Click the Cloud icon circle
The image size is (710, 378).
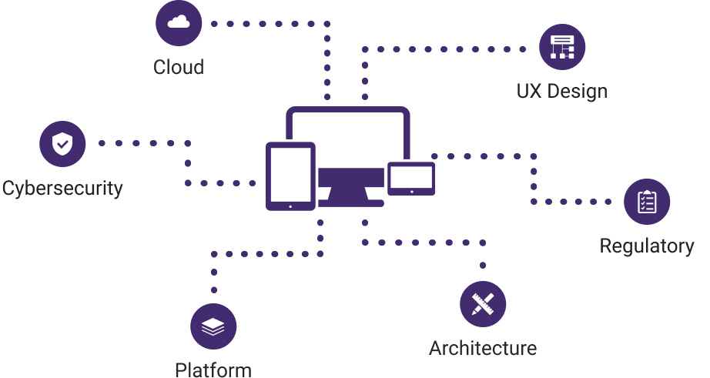tap(179, 23)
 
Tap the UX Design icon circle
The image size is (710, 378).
tap(562, 47)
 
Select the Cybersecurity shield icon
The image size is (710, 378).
tap(62, 144)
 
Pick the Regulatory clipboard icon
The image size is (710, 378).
tap(647, 202)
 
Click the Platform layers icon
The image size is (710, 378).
tap(213, 326)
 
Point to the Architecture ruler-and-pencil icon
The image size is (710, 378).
tap(483, 303)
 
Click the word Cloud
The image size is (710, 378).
tap(179, 67)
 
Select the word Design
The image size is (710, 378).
tap(578, 92)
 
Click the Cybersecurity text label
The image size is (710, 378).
tap(62, 188)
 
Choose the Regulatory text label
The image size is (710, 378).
tap(647, 246)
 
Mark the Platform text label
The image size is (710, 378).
tap(213, 370)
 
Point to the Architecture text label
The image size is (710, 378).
tap(483, 348)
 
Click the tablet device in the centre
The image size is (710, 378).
tap(290, 176)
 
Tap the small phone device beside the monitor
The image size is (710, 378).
tap(411, 178)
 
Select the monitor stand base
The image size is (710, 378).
tap(351, 199)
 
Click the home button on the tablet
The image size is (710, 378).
tap(290, 206)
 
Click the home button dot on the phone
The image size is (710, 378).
tap(411, 191)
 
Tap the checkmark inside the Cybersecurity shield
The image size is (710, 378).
tap(62, 144)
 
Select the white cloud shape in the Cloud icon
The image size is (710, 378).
tap(179, 23)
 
